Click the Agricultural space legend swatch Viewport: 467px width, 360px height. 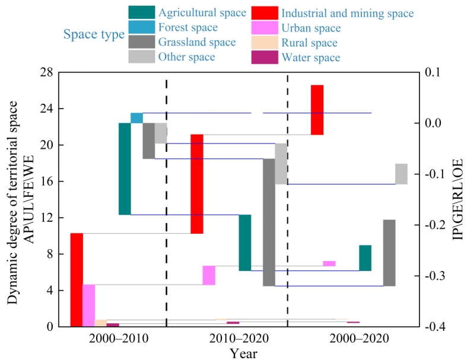coord(142,12)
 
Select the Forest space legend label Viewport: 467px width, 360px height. coord(188,27)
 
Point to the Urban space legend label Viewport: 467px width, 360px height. coord(311,28)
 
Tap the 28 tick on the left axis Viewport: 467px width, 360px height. coord(52,72)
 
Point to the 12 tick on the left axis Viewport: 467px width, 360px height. coord(52,218)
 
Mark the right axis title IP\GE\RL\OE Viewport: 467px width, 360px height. coord(457,199)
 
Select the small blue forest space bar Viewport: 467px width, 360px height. coord(136,117)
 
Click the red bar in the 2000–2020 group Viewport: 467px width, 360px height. coord(317,110)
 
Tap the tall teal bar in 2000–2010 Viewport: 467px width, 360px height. coord(125,168)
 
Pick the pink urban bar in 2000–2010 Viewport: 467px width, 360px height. coord(88,305)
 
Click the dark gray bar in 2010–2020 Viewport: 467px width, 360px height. coord(269,222)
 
